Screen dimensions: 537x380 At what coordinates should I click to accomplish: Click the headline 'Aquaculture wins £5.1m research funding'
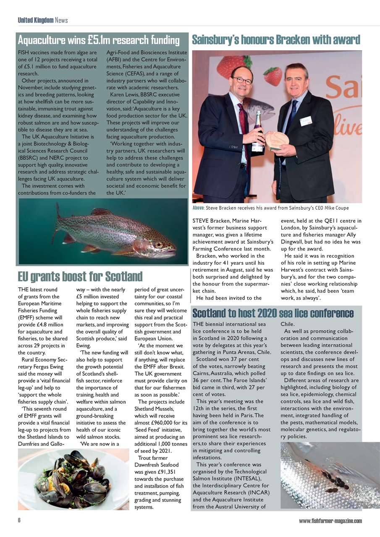[99, 40]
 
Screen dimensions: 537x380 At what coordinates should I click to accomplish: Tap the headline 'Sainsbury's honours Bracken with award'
[276, 40]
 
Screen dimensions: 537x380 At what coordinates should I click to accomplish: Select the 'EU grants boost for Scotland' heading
[80, 276]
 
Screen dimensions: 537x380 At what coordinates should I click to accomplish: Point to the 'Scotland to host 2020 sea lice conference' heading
[273, 313]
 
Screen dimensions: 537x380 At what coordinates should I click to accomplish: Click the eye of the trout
[158, 244]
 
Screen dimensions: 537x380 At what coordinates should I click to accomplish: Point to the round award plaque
[278, 141]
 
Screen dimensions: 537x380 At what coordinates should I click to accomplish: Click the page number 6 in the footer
[19, 521]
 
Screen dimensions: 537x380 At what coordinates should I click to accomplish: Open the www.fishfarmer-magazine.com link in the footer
[330, 521]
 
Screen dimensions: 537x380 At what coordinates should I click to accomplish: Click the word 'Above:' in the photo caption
[198, 208]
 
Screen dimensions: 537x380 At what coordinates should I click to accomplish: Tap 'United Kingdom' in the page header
[35, 20]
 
